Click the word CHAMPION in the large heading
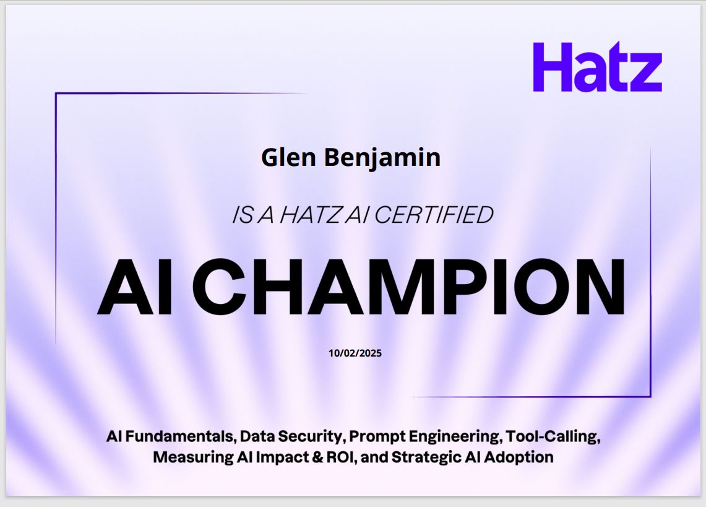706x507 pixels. [408, 288]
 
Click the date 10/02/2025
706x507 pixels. [355, 353]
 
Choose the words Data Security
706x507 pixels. [291, 436]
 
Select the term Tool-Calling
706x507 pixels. [553, 436]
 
